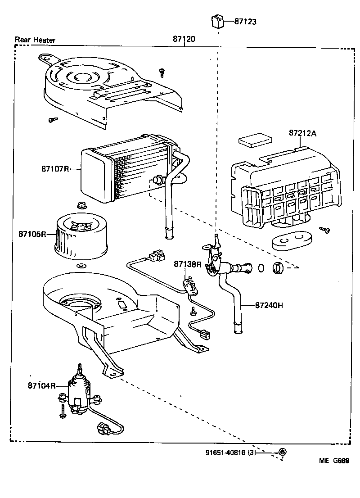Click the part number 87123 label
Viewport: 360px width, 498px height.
(245, 22)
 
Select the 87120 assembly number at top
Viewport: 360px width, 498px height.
(184, 40)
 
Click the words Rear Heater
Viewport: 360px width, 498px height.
(35, 40)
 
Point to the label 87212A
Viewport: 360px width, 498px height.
(303, 133)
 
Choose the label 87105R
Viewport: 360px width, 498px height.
(32, 234)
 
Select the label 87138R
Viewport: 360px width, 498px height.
(188, 264)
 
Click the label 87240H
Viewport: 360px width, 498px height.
(269, 305)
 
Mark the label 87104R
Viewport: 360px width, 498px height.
(41, 385)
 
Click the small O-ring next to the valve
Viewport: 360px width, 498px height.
(261, 269)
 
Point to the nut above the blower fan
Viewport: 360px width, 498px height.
(82, 206)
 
